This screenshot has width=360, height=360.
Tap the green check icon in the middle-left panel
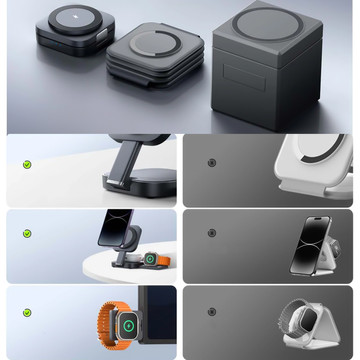tap(27, 233)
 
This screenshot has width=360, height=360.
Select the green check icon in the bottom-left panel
tap(27, 310)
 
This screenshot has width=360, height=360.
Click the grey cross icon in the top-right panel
tap(211, 163)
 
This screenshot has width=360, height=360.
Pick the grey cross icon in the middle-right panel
tap(211, 233)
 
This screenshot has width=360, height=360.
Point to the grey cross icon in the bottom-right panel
tap(211, 310)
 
